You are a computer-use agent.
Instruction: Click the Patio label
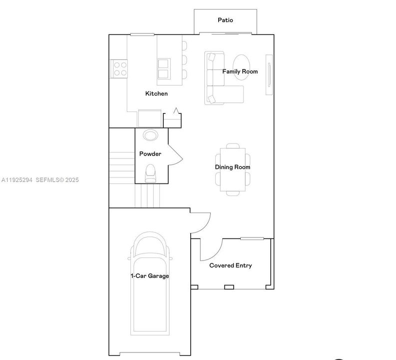coord(225,20)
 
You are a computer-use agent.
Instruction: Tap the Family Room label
coord(240,71)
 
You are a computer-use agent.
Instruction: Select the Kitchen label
coord(156,93)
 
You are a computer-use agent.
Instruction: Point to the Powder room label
coord(150,154)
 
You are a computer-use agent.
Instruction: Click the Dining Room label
coord(232,167)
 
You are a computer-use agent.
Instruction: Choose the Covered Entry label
coord(230,265)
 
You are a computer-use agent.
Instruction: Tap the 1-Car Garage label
coord(150,276)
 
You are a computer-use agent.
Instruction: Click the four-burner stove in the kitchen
coord(119,68)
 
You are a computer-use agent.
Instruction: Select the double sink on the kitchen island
coord(163,69)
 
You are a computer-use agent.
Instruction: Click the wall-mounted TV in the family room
coord(269,74)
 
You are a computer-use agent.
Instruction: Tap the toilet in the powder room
coord(150,173)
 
